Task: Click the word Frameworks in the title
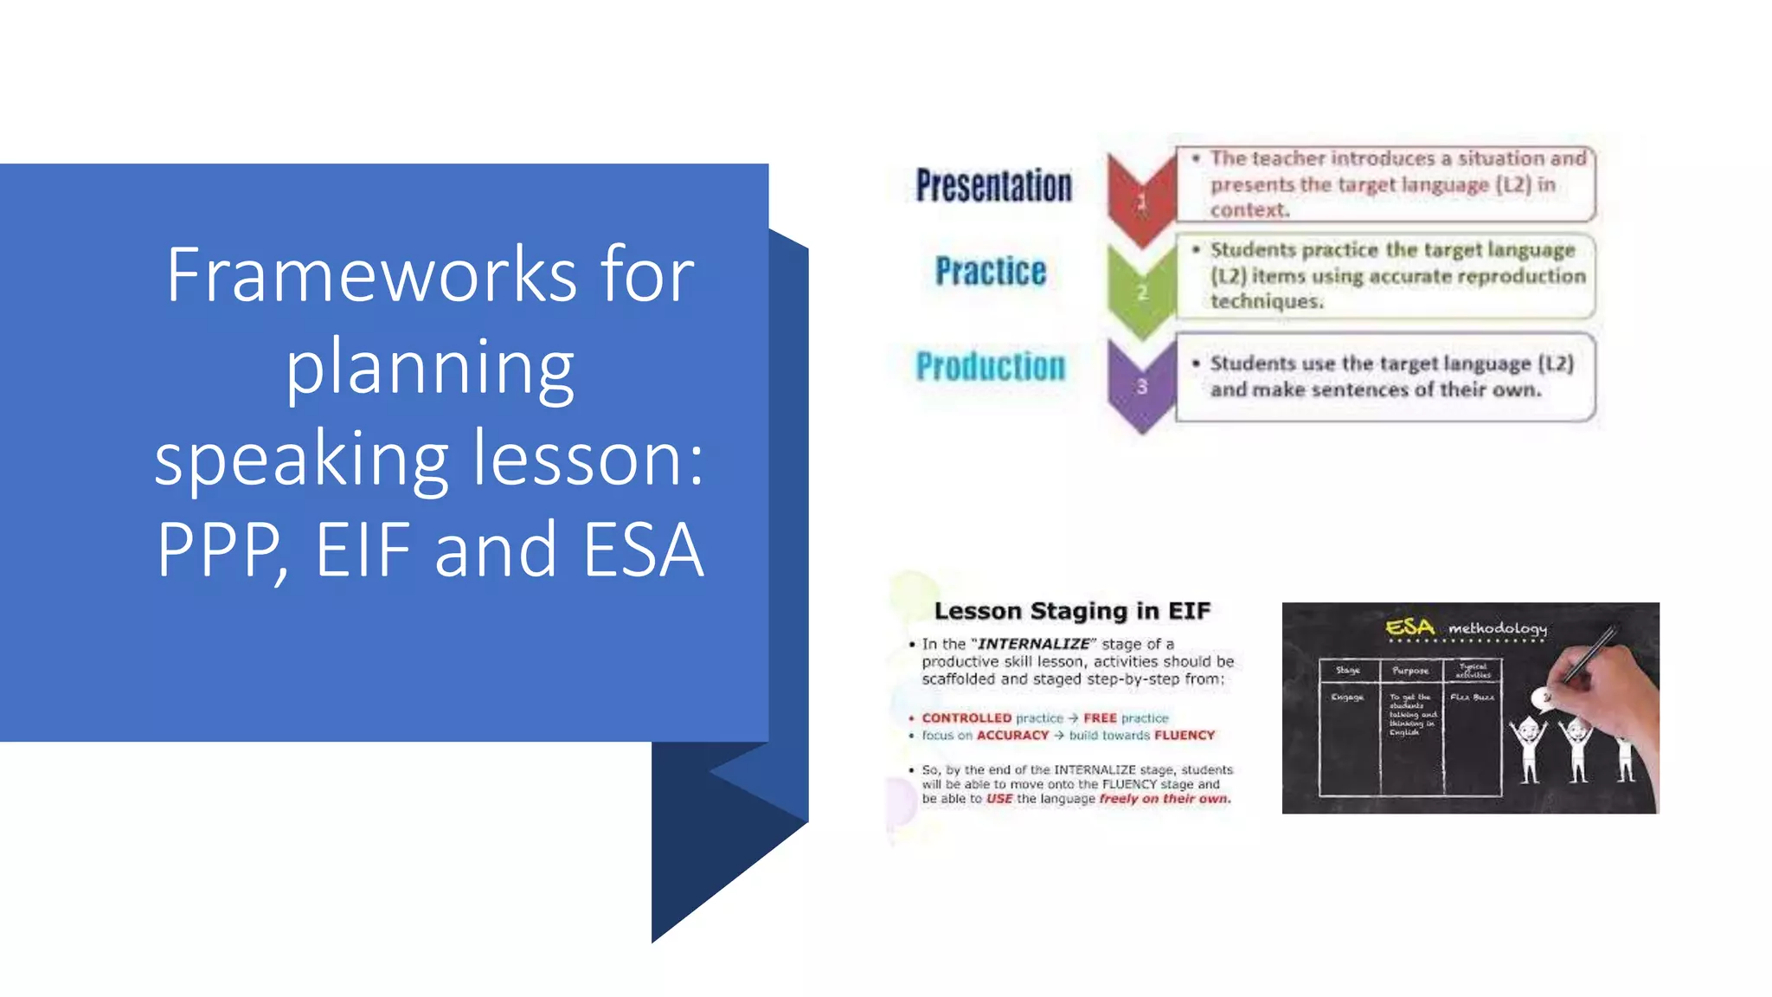tap(371, 275)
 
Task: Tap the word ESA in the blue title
tap(643, 550)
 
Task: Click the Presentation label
tap(993, 185)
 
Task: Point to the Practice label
tap(991, 272)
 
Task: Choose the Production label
tap(991, 366)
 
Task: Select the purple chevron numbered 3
tap(1141, 386)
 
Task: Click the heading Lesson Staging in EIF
tap(1072, 611)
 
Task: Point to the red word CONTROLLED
tap(966, 718)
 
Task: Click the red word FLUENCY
tap(1184, 736)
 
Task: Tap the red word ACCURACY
tap(1012, 736)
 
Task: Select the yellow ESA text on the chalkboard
tap(1409, 627)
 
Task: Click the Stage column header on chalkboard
tap(1347, 670)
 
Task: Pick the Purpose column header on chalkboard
tap(1409, 671)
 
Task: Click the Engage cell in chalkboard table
tap(1347, 698)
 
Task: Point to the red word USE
tap(998, 799)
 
